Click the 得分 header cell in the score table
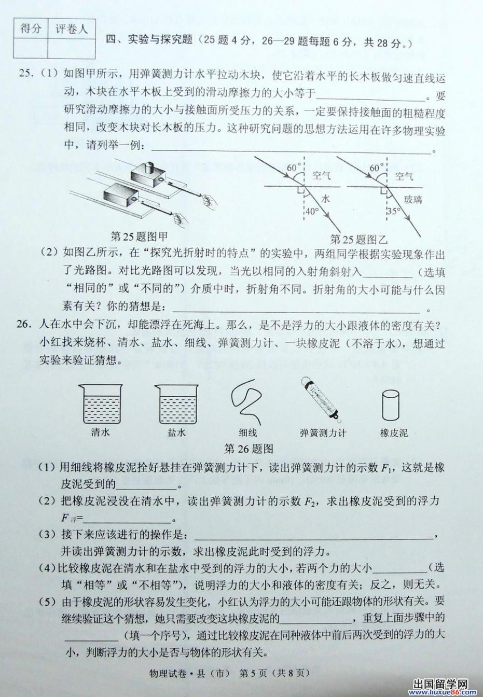pyautogui.click(x=31, y=29)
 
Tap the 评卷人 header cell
pyautogui.click(x=72, y=29)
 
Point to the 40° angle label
pyautogui.click(x=312, y=211)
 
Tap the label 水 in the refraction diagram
pyautogui.click(x=325, y=199)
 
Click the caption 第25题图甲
pyautogui.click(x=139, y=237)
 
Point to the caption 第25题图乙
pyautogui.click(x=359, y=239)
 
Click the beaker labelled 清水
pyautogui.click(x=101, y=403)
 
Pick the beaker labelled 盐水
pyautogui.click(x=176, y=403)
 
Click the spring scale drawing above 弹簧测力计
pyautogui.click(x=320, y=400)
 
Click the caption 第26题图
pyautogui.click(x=249, y=449)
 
